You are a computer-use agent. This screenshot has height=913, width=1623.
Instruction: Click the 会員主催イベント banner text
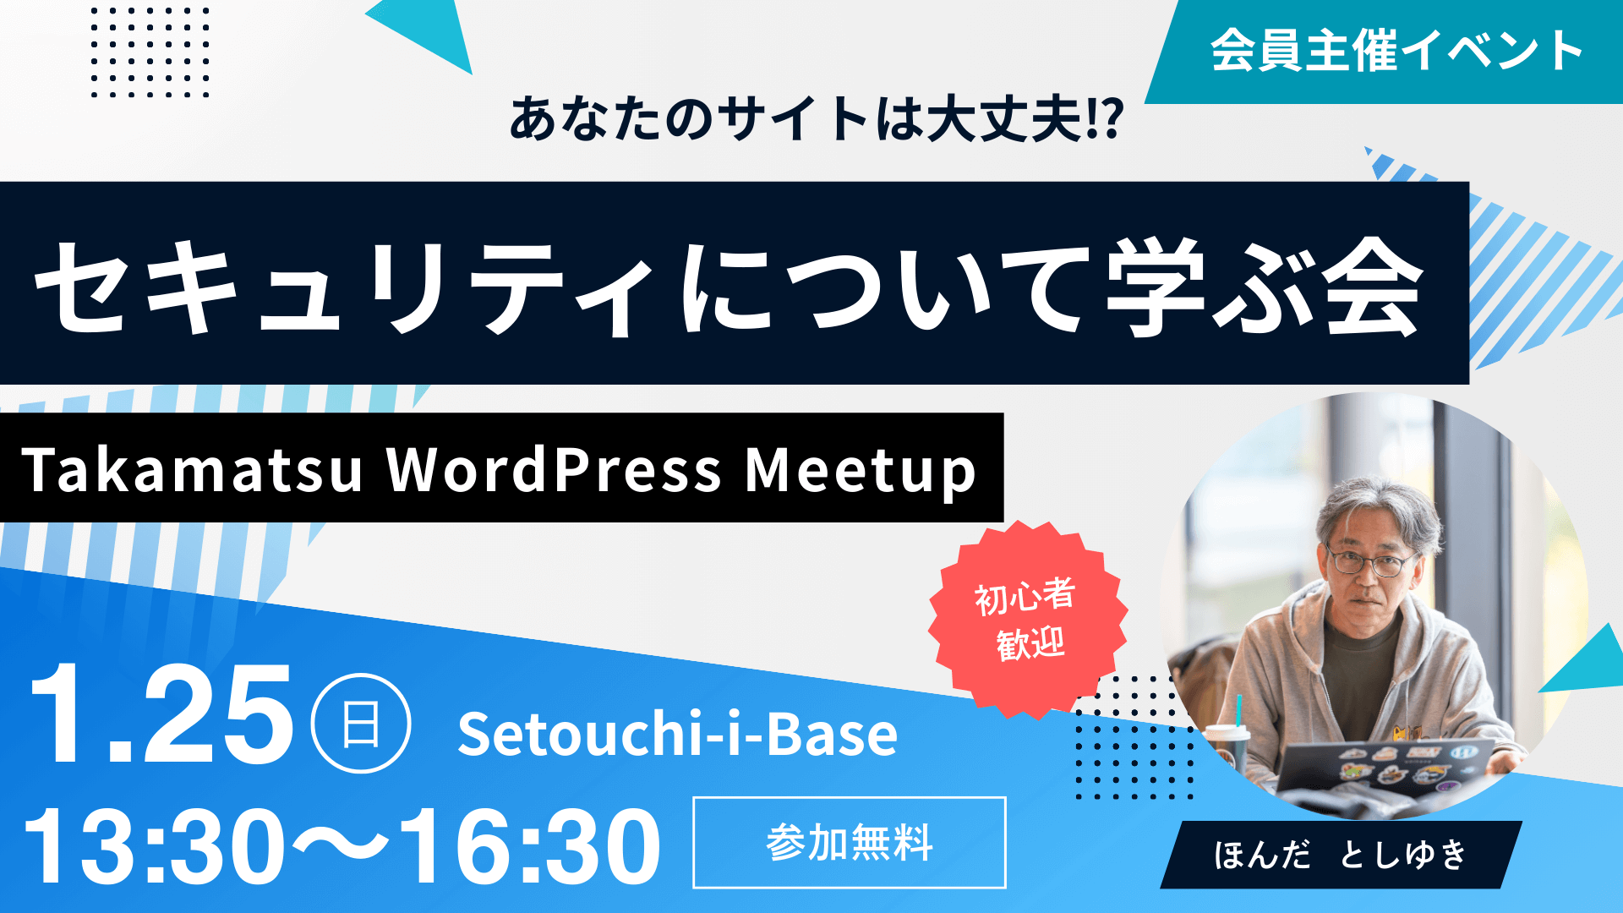coord(1396,51)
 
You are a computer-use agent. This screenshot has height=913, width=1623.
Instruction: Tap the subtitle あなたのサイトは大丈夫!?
coord(817,119)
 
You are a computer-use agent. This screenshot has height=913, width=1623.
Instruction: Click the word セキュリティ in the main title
coord(345,287)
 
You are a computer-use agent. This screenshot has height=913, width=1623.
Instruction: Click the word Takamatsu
coord(193,470)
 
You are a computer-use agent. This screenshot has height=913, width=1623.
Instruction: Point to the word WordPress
coord(555,470)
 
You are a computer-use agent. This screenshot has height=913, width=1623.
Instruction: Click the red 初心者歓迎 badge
coord(1027,620)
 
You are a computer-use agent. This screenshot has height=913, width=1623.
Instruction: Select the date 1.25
coord(161,714)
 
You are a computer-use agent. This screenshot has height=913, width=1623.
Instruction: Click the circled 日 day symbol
coord(361,724)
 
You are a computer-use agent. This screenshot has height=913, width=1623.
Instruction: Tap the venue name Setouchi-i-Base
coord(677,734)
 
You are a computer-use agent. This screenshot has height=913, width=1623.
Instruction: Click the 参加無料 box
coord(850,843)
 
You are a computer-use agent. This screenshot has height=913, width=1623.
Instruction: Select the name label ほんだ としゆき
coord(1341,855)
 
